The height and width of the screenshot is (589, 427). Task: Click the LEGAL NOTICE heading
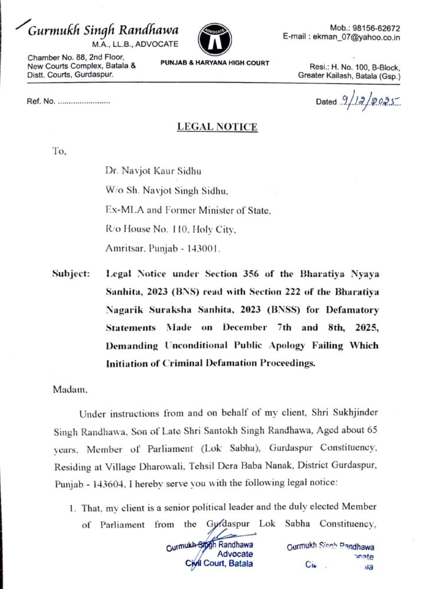[x=217, y=127]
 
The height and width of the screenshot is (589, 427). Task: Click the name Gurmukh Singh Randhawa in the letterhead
[x=104, y=30]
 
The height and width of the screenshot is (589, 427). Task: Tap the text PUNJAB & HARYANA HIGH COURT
[x=215, y=63]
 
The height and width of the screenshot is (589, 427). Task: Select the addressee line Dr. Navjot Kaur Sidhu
[x=153, y=172]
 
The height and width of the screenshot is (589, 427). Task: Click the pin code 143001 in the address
[x=202, y=249]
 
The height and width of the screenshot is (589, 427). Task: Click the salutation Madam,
[x=70, y=390]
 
